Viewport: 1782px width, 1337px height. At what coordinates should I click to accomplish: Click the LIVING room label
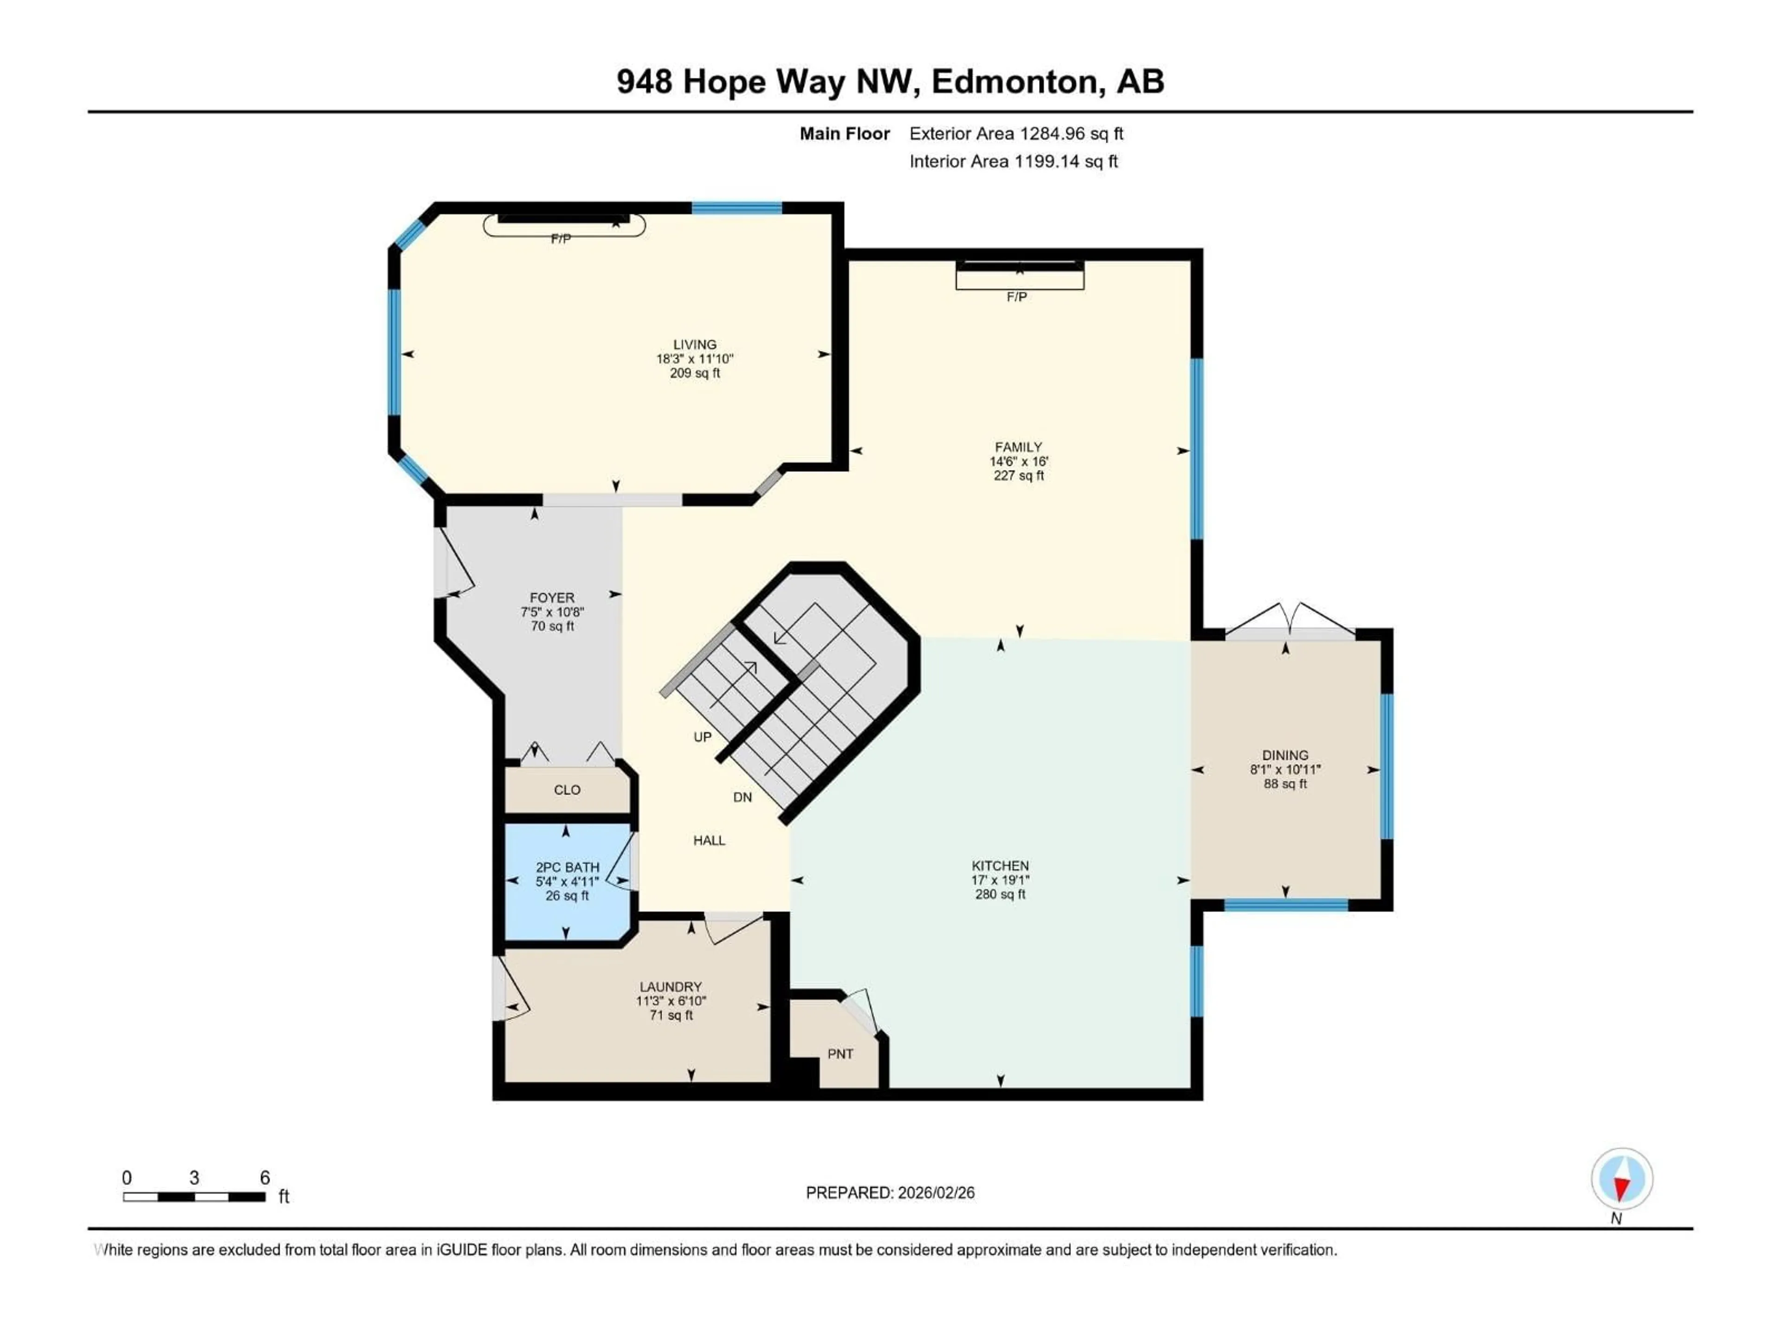(694, 344)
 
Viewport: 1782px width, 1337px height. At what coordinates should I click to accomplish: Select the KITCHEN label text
(1000, 865)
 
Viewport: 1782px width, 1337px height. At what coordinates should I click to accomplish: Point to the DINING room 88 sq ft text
(1285, 783)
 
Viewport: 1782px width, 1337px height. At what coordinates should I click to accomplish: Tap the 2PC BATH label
(567, 867)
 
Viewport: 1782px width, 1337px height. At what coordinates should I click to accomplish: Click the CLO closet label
(567, 790)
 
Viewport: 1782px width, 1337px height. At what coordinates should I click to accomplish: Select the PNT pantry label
(840, 1054)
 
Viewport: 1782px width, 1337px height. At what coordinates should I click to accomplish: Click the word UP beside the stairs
(703, 737)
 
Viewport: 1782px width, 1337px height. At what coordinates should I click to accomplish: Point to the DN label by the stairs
(742, 797)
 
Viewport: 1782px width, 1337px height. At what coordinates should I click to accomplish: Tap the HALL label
(709, 841)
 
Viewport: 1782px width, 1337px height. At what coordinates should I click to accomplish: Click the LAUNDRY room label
(670, 987)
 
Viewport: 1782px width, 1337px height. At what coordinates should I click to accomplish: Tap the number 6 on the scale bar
(264, 1177)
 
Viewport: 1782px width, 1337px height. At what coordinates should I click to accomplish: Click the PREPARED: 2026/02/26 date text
(890, 1193)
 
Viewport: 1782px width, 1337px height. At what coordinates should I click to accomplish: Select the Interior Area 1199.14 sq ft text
(1014, 161)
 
